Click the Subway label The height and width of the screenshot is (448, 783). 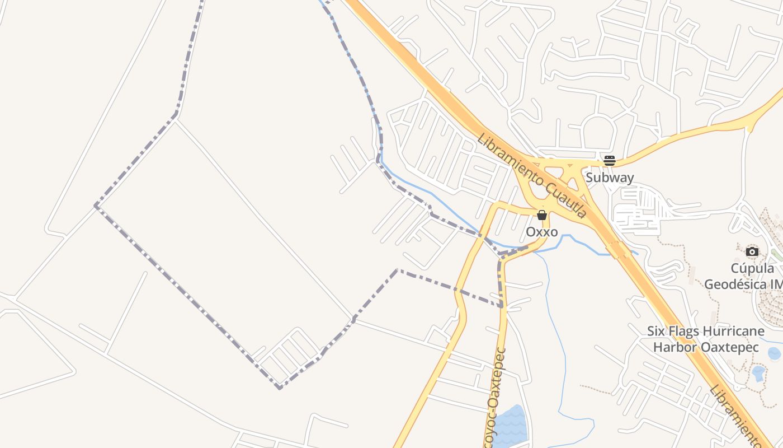click(x=610, y=178)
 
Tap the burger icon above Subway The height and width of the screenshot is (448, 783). click(x=610, y=161)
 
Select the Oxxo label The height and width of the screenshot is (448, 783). click(x=542, y=232)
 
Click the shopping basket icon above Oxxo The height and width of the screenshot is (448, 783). click(x=541, y=215)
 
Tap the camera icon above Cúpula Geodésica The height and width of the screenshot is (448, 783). click(x=753, y=251)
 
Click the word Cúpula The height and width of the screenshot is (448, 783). click(x=752, y=268)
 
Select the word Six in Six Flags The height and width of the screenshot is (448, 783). click(x=658, y=331)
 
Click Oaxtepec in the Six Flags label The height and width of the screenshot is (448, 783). click(x=729, y=347)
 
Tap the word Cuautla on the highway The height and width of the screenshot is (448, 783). click(x=565, y=199)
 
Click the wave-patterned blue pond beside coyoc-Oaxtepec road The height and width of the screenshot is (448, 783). click(x=510, y=428)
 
